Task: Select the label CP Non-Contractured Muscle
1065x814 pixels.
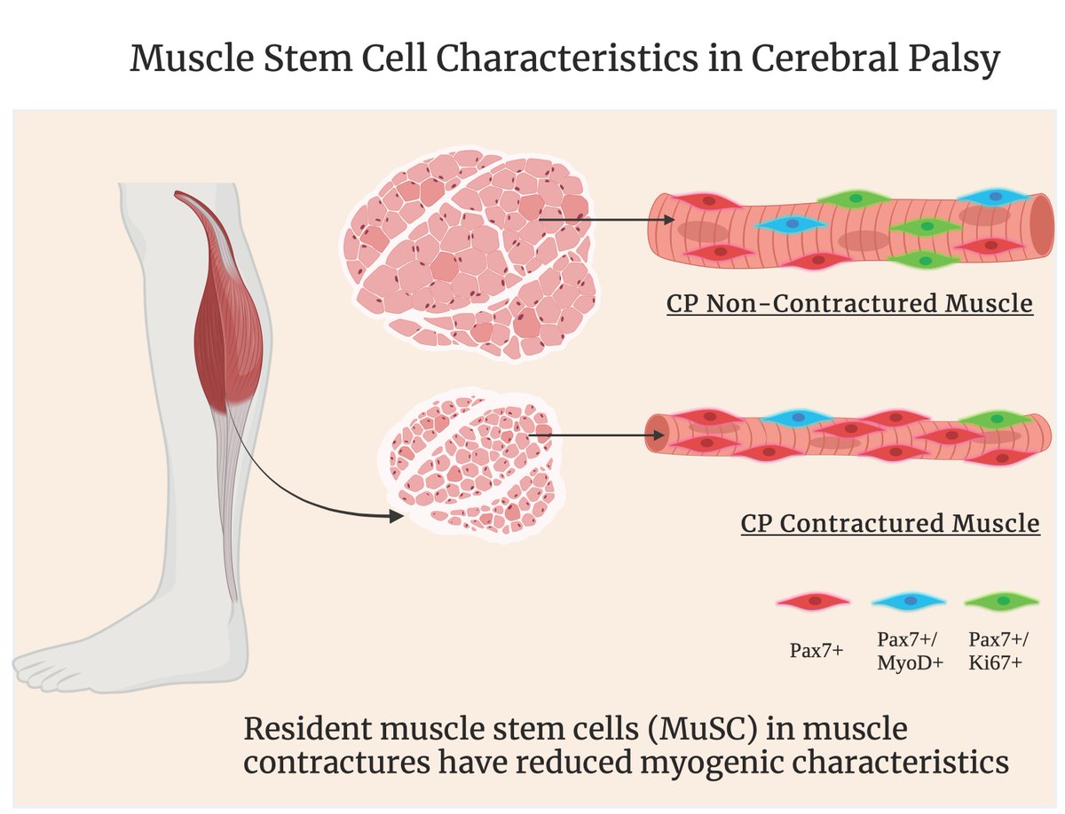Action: coord(849,303)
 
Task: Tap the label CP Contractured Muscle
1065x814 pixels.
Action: coord(889,523)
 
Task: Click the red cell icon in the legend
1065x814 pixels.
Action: coord(813,602)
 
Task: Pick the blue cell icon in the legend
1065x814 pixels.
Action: coord(907,601)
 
